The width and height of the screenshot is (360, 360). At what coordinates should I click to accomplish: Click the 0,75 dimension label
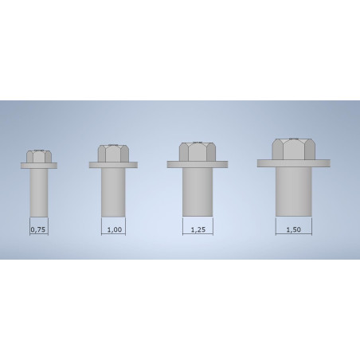[x=37, y=230]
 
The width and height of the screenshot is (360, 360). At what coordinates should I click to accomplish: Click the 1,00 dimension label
[x=113, y=230]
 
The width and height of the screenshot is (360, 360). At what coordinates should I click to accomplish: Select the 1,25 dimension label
[x=197, y=230]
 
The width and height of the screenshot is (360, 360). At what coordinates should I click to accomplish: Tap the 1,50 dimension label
[x=293, y=230]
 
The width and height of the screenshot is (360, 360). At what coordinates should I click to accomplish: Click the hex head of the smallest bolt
[x=38, y=156]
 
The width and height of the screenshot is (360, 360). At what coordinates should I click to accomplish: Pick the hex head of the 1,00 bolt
[x=113, y=154]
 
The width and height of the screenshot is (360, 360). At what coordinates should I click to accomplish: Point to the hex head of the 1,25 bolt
[x=197, y=151]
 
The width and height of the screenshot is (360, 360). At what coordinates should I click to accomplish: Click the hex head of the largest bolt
[x=293, y=149]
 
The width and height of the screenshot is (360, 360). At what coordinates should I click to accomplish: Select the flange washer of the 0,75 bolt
[x=38, y=166]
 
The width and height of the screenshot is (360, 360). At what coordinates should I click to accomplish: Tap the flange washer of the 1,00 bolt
[x=113, y=166]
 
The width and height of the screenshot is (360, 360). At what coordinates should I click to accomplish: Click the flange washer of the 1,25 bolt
[x=197, y=165]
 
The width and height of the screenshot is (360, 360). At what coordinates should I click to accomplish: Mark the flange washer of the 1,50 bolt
[x=293, y=163]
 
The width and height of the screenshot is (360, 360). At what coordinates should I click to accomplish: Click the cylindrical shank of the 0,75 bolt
[x=38, y=191]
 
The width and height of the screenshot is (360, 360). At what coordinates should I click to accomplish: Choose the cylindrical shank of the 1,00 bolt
[x=113, y=192]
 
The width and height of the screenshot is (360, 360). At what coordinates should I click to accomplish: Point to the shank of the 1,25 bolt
[x=197, y=191]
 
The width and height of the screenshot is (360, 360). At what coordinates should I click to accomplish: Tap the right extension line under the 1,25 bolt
[x=212, y=225]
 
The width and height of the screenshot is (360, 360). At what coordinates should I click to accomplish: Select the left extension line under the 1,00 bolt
[x=102, y=226]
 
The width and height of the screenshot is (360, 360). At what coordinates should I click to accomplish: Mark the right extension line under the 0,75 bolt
[x=47, y=226]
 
